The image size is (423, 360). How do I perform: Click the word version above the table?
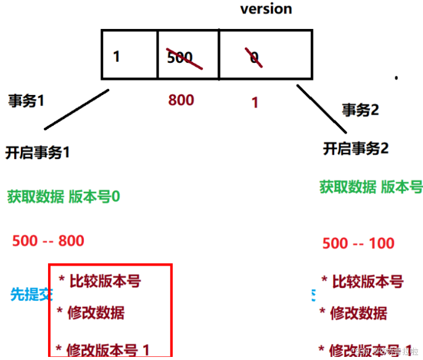click(266, 9)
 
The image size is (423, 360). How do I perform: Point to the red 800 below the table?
click(181, 100)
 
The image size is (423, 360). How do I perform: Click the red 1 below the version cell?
click(255, 103)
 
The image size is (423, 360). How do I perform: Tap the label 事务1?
click(27, 101)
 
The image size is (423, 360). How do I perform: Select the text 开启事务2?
click(356, 149)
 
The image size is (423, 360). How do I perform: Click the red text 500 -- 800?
click(48, 240)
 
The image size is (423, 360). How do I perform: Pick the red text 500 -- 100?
click(358, 243)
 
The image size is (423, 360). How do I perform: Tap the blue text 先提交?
click(29, 294)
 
